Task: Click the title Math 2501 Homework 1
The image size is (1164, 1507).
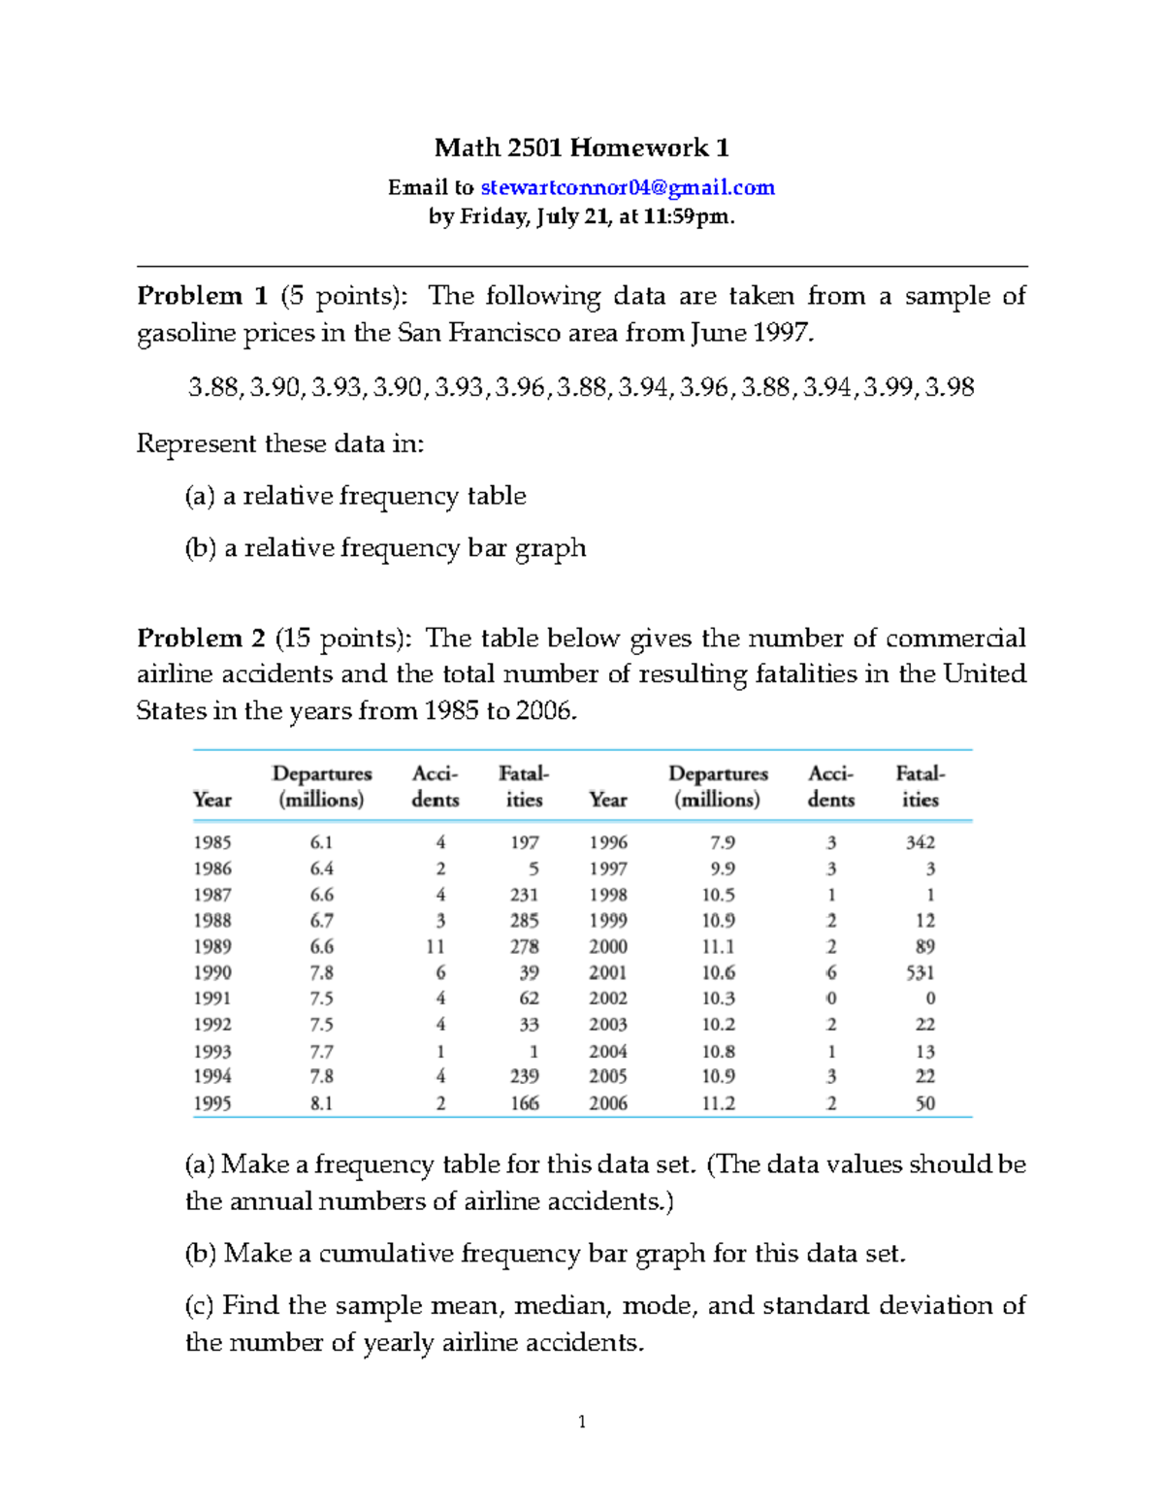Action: tap(581, 147)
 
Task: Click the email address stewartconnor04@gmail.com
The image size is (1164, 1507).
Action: tap(628, 187)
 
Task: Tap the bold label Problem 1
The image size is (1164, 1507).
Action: tap(202, 296)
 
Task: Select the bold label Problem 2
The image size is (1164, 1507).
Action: tap(201, 639)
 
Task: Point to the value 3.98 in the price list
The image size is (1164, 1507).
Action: tap(950, 387)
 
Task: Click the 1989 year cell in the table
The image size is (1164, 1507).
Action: tap(211, 946)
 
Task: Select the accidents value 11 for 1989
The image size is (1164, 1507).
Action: tap(435, 946)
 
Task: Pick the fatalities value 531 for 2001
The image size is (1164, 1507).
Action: tap(920, 972)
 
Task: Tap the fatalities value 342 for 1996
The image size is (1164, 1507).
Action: tap(920, 842)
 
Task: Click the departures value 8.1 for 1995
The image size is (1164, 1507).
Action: tap(321, 1103)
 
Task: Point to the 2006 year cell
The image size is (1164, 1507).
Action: tap(608, 1103)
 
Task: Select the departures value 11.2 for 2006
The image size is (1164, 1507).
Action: tap(718, 1103)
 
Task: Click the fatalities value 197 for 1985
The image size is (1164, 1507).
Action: tap(525, 842)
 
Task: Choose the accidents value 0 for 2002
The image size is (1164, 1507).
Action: tap(831, 999)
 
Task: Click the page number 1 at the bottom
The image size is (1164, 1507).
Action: tap(581, 1423)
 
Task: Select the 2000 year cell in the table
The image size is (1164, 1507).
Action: tap(608, 946)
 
